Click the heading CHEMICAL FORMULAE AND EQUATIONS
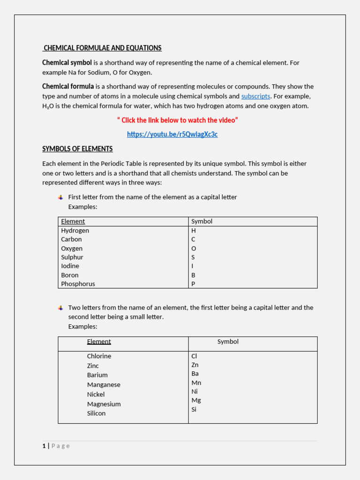[102, 48]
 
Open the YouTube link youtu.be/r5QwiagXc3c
[172, 135]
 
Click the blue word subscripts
[255, 96]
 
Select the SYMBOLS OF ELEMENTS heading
[77, 149]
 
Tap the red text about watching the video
[177, 120]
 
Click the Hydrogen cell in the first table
[75, 231]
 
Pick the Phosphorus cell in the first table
[78, 284]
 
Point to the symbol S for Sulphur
[193, 257]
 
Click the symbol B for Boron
[193, 275]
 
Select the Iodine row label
[70, 266]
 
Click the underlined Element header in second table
[99, 342]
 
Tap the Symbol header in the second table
[228, 342]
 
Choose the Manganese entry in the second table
[104, 385]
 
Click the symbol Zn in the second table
[195, 365]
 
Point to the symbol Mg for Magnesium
[196, 400]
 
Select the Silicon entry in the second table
[96, 413]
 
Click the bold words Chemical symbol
[67, 63]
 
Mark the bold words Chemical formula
[68, 87]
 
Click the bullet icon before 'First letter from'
[60, 197]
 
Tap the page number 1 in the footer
[44, 446]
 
